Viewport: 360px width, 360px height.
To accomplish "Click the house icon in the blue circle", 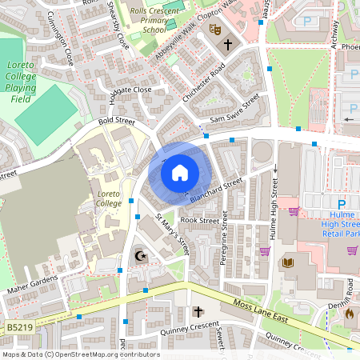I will coord(180,170).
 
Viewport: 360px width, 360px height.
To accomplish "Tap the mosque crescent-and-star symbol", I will coord(142,256).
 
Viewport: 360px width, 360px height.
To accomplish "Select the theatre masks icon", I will coord(214,29).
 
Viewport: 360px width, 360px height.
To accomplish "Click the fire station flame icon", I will coord(349,314).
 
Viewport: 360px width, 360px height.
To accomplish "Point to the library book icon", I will coord(287,262).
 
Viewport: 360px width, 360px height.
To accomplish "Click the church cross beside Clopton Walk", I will coord(228,45).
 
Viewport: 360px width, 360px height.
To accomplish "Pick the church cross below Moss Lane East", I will coord(198,311).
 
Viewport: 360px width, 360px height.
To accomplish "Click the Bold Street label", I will coord(115,122).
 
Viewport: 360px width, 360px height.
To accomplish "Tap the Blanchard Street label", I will coord(216,190).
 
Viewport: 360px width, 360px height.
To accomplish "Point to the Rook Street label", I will coord(199,220).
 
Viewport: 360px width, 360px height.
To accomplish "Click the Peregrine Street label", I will coord(224,238).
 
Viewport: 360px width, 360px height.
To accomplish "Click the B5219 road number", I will coord(19,327).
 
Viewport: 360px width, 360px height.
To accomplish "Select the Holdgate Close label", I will coord(130,90).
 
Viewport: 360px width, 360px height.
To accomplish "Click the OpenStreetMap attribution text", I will coord(80,354).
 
